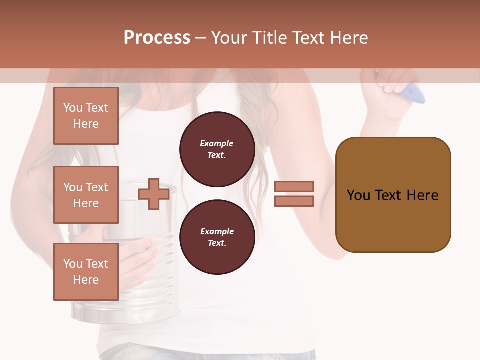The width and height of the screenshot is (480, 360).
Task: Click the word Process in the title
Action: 157,38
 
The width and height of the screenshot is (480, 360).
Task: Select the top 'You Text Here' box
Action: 86,116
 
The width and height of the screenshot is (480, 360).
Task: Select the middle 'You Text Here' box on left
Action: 86,195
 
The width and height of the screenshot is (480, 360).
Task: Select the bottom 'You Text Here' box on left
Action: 86,272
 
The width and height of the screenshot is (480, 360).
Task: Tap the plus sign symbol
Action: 153,194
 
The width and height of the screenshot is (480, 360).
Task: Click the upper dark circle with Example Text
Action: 217,149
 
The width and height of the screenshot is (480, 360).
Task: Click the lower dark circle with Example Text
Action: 217,237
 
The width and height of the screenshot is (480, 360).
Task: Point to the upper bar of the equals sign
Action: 294,186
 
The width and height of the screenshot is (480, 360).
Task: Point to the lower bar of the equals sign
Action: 294,201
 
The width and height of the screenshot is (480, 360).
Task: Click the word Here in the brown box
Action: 422,195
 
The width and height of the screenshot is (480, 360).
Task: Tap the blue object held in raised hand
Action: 415,93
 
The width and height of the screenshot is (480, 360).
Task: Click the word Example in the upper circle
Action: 217,143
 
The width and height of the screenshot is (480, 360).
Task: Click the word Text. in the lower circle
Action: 217,243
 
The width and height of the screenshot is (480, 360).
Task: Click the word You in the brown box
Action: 359,195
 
